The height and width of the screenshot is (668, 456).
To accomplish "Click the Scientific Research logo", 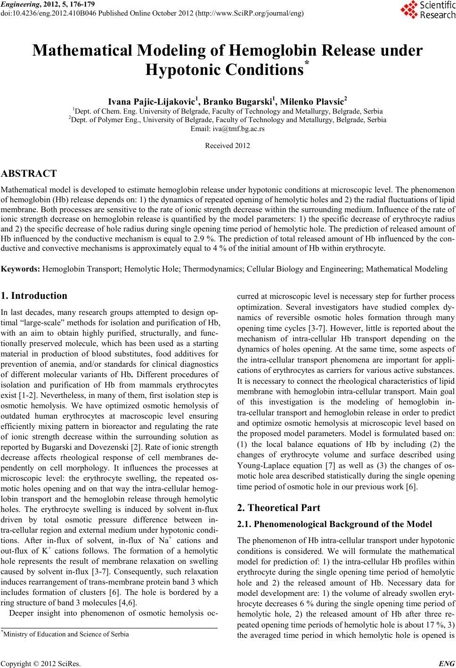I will point(428,10).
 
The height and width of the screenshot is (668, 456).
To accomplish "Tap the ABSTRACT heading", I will point(29,173).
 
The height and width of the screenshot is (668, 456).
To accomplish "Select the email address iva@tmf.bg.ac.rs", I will point(228,128).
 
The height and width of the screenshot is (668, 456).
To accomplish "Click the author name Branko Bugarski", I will point(240,101).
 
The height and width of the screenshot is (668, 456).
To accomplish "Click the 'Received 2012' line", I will point(228,146).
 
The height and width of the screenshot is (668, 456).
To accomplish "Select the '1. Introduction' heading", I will point(34,296).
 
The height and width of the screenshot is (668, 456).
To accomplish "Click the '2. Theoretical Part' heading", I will point(278,508).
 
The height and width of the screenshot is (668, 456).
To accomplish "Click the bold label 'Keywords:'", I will point(21,269).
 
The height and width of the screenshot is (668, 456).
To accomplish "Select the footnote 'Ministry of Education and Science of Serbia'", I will point(65,634).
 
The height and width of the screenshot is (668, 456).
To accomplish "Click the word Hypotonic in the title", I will point(182,71).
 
